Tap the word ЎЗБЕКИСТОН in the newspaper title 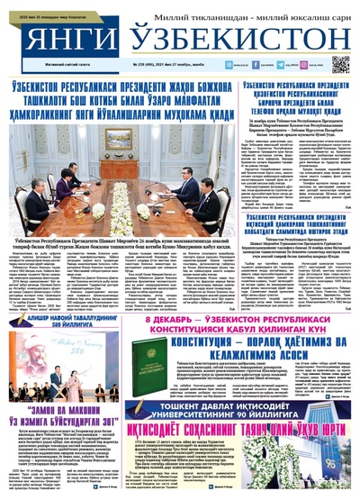pyautogui.click(x=230, y=41)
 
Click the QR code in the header pyautogui.click(x=339, y=64)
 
